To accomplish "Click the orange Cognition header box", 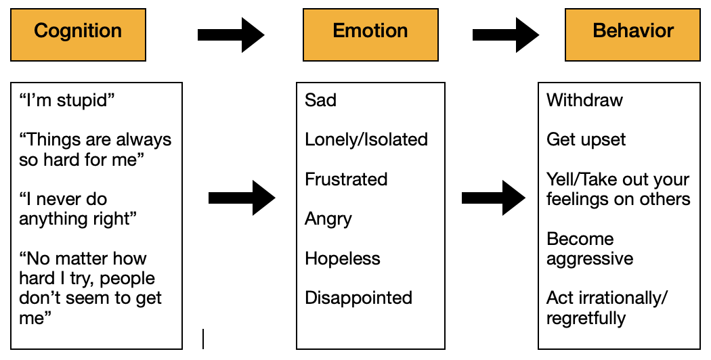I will pos(78,32).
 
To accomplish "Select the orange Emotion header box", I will pos(370,32).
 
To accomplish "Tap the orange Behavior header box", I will pos(633,32).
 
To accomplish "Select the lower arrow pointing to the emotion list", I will pos(242,198).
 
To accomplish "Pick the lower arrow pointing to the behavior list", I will pos(494,198).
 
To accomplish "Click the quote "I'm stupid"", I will pos(66,100).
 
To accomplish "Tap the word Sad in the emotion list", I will pos(320,100).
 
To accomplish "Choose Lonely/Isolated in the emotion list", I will pos(366,140).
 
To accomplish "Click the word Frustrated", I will pos(346,179).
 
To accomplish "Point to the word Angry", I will pos(328,219).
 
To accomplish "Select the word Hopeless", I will pos(343,258).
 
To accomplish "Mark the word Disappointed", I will pos(358,298).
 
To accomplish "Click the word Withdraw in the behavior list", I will pos(584,100).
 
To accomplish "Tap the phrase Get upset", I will pos(586,140).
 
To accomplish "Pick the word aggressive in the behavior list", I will pos(590,258).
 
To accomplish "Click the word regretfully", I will pos(586,318).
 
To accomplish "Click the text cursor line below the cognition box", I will pos(203,338).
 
